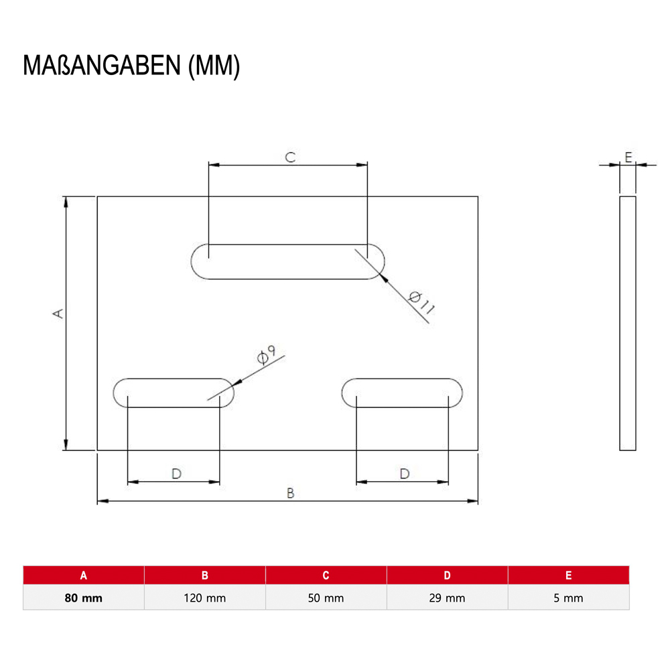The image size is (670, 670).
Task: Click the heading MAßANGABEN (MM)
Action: coord(131,67)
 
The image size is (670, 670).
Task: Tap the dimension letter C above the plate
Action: coord(289,157)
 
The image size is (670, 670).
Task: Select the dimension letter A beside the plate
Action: coord(59,313)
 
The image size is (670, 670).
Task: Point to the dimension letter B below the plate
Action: coord(290,493)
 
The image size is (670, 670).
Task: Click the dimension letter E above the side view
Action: coord(628,157)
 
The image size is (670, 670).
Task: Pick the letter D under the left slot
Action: coord(176,474)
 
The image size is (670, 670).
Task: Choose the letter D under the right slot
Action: coord(404,474)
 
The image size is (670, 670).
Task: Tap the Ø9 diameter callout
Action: coord(269,355)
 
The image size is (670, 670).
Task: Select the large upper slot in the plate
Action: coord(288,261)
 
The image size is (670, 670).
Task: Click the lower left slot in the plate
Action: coord(174,392)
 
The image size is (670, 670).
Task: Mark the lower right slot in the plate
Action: coord(402,392)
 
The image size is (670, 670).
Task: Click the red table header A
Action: coord(84,575)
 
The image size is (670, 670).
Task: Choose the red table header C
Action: coord(326,575)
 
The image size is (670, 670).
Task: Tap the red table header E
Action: coord(568,575)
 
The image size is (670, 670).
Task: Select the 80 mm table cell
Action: coord(84,598)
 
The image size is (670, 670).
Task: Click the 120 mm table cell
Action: coord(205,598)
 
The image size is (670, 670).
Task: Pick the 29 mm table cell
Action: coord(447,598)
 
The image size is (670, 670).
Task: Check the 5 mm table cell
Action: coord(568,598)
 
